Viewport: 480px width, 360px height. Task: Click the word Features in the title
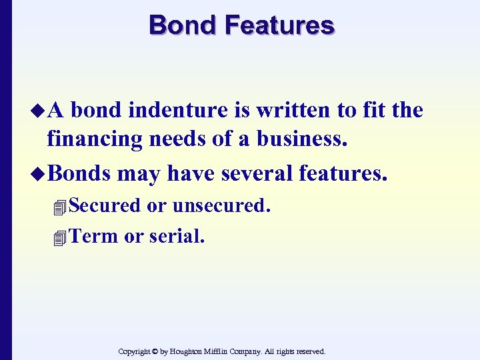click(x=279, y=25)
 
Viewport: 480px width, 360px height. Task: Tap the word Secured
click(x=105, y=205)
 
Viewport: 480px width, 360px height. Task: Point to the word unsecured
click(x=221, y=205)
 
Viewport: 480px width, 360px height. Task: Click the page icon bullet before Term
click(x=61, y=237)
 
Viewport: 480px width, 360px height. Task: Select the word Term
click(x=94, y=235)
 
